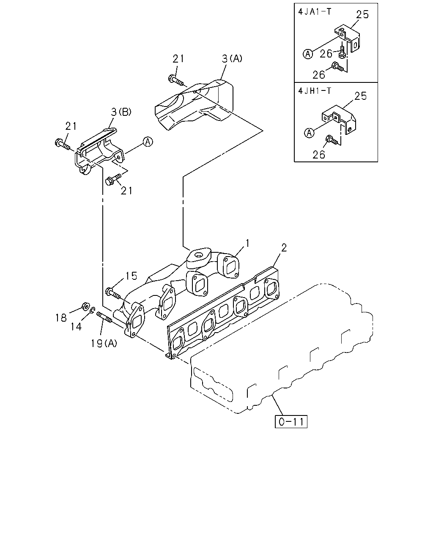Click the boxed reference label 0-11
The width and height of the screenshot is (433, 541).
pyautogui.click(x=291, y=421)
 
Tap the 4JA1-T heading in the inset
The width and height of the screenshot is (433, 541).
pyautogui.click(x=315, y=12)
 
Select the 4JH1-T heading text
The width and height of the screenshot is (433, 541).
pyautogui.click(x=315, y=90)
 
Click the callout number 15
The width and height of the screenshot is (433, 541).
pyautogui.click(x=131, y=276)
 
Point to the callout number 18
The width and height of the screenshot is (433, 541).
pyautogui.click(x=61, y=318)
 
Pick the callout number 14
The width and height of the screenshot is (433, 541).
pyautogui.click(x=76, y=327)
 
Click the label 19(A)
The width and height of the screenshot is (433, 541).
pyautogui.click(x=104, y=343)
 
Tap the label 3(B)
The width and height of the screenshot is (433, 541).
pyautogui.click(x=121, y=112)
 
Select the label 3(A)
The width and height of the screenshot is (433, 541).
pyautogui.click(x=232, y=58)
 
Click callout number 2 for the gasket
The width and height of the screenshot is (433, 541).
pyautogui.click(x=284, y=248)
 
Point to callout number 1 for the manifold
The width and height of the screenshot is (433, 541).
pyautogui.click(x=247, y=243)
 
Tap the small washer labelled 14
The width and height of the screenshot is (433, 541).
pyautogui.click(x=92, y=310)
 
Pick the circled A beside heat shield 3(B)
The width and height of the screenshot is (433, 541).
pyautogui.click(x=148, y=142)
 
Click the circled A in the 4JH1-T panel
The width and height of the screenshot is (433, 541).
pyautogui.click(x=309, y=133)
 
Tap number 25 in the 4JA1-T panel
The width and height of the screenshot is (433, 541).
pyautogui.click(x=362, y=14)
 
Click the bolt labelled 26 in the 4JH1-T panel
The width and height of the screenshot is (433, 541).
pyautogui.click(x=332, y=140)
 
